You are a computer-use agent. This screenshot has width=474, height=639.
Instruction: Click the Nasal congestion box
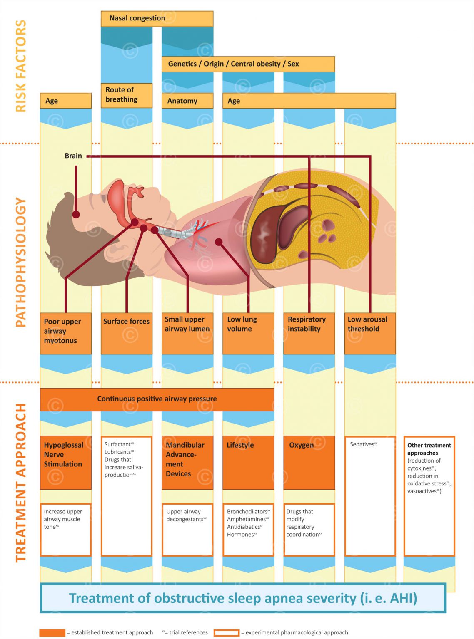click(x=157, y=19)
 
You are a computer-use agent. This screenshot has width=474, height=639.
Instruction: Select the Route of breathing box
click(x=126, y=95)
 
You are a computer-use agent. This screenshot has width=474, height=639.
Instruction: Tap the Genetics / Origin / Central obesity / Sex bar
click(x=248, y=64)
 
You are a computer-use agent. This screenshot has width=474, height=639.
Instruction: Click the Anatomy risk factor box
click(x=187, y=101)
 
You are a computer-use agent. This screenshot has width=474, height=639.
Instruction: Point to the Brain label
click(x=73, y=156)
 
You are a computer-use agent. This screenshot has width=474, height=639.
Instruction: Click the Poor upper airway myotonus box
click(x=65, y=333)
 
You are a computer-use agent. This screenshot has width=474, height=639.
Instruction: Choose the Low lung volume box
click(x=248, y=333)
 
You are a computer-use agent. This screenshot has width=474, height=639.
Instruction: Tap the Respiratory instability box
click(x=309, y=333)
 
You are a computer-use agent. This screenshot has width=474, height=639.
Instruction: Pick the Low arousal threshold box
click(x=370, y=333)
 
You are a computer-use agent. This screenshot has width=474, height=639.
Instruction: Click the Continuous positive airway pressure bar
click(x=157, y=399)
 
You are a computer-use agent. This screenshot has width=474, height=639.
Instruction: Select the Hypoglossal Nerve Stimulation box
click(x=65, y=462)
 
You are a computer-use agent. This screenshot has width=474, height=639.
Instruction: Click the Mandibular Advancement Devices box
click(x=187, y=462)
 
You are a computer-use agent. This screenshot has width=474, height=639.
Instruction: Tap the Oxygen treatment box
click(x=309, y=462)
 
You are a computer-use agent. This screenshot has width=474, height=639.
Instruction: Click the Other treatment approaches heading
click(x=429, y=449)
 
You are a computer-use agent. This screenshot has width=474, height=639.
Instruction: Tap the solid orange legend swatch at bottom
click(x=52, y=632)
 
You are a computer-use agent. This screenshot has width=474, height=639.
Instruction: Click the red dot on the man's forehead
click(x=76, y=214)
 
